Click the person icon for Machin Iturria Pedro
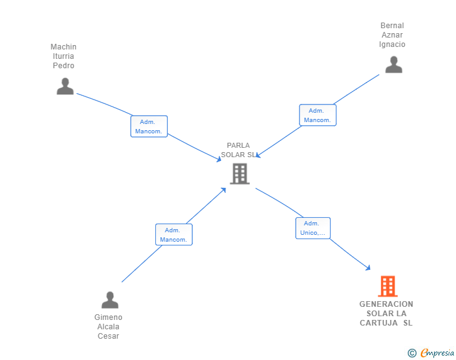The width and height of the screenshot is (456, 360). [x=65, y=86]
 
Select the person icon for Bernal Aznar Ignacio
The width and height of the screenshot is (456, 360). [x=393, y=64]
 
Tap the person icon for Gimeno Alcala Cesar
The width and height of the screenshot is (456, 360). [x=110, y=300]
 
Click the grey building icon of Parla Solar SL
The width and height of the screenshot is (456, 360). [x=239, y=173]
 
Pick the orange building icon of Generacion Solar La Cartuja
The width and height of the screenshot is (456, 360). [x=388, y=286]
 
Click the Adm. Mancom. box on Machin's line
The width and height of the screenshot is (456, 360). [x=149, y=126]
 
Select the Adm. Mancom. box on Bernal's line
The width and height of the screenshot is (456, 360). [x=318, y=115]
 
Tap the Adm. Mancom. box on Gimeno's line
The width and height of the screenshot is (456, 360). [x=174, y=235]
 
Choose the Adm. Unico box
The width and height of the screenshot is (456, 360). [x=313, y=229]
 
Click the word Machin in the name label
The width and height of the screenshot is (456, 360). [x=63, y=47]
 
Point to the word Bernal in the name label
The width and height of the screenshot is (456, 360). [x=392, y=26]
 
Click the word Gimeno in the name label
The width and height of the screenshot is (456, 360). [x=108, y=317]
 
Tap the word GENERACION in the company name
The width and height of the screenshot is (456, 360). [x=386, y=304]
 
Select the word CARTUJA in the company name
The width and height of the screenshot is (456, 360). [x=379, y=323]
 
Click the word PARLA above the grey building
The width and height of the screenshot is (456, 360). [x=238, y=145]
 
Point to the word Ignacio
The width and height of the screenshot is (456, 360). [x=392, y=44]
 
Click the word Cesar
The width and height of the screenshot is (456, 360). [x=108, y=336]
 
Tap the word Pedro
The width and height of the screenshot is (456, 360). [x=63, y=66]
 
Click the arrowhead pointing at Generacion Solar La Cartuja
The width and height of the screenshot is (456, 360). [x=368, y=268]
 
